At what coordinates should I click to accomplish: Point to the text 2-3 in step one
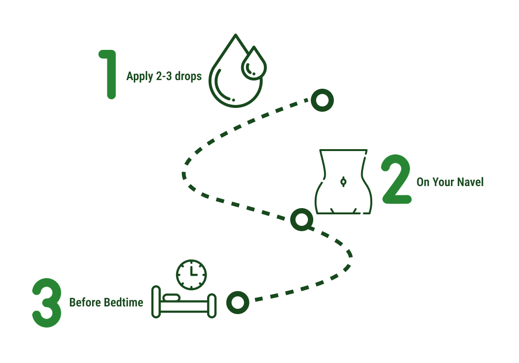coord(164,76)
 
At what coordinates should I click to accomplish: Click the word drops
coord(188,76)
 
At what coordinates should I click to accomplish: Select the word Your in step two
coord(443,182)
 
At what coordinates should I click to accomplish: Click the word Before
coord(84,303)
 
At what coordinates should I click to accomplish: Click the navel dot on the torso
coord(343,182)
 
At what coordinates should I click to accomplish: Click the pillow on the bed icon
coord(172,297)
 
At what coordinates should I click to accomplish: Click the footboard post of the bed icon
coord(212,306)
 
